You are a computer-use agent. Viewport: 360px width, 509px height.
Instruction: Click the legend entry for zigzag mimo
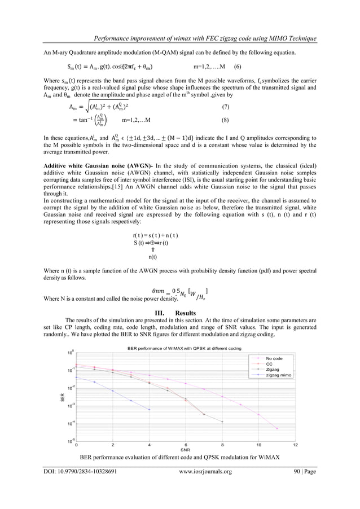click(x=279, y=375)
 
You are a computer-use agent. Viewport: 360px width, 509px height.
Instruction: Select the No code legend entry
click(x=274, y=358)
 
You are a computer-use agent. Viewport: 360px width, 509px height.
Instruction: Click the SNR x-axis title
click(x=184, y=449)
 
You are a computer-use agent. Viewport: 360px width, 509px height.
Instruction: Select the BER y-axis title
click(x=64, y=397)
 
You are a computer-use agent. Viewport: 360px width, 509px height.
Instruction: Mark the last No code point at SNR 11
click(x=277, y=429)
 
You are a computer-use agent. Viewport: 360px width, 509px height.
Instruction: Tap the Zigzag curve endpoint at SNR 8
click(x=222, y=422)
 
